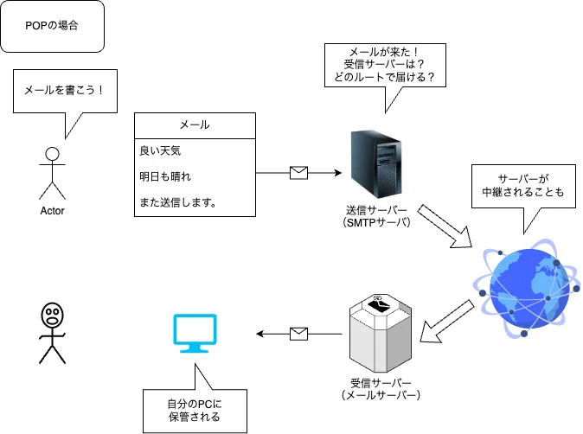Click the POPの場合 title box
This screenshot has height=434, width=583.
point(53,27)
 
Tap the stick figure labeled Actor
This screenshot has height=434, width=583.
point(52,173)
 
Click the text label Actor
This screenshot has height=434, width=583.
point(52,210)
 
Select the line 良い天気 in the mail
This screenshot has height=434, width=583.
point(160,150)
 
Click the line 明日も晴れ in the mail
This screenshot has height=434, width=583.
point(164,176)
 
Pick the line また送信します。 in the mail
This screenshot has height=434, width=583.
point(177,203)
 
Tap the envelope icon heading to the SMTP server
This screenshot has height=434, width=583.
point(298,173)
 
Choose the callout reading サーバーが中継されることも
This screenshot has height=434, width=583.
point(516,186)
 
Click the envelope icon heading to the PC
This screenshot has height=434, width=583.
point(298,332)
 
